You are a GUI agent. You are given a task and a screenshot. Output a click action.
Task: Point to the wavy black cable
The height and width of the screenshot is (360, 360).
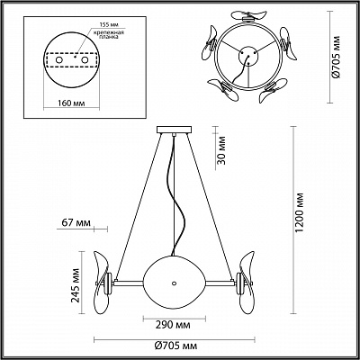click(x=174, y=198)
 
